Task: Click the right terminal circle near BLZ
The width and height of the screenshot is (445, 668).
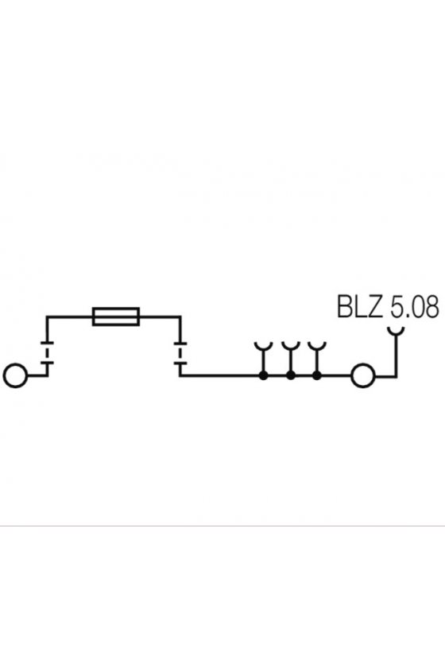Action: click(352, 375)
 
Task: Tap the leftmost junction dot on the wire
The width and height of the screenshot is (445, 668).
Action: click(264, 375)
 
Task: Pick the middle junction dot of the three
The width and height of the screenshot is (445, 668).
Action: click(291, 375)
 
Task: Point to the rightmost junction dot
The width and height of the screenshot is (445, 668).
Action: click(316, 375)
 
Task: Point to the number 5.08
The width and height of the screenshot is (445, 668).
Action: click(414, 306)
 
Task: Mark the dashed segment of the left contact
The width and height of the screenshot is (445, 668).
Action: click(47, 353)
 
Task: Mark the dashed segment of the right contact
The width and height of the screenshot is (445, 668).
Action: click(180, 353)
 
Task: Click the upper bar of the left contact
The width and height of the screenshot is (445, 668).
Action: click(47, 343)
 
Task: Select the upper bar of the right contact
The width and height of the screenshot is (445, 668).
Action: click(180, 343)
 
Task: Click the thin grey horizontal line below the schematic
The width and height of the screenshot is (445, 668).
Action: click(222, 526)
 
